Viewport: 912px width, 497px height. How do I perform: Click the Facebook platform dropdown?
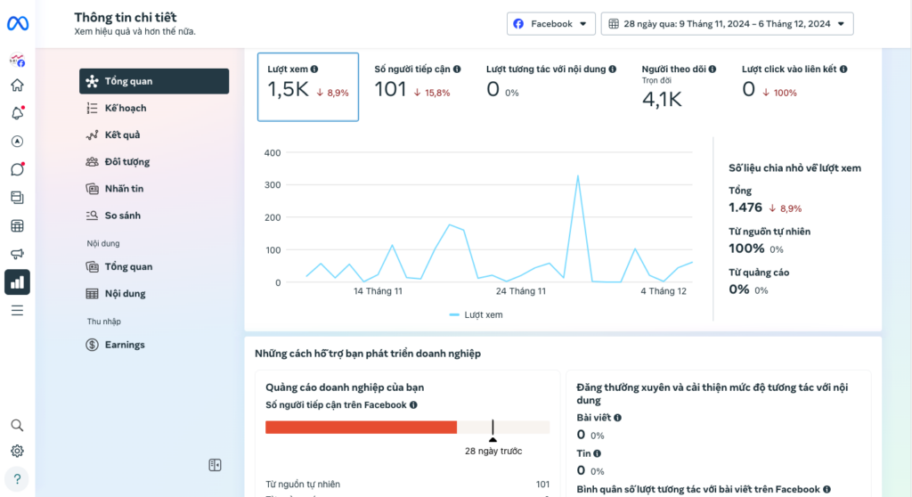coord(550,24)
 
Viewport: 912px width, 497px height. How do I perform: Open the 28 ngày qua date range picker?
coord(727,24)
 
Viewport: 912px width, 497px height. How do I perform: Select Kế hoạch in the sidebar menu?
coord(125,109)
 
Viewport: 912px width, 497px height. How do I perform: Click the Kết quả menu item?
coord(122,135)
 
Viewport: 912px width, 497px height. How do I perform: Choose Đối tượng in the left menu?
coord(126,162)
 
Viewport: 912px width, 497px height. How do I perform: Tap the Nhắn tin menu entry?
coord(124,189)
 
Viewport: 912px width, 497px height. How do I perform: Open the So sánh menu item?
coord(122,216)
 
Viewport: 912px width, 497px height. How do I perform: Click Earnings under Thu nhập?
coord(125,345)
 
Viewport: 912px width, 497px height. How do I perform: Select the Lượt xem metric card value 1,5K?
coord(288,90)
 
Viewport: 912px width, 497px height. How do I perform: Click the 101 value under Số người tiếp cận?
coord(390,90)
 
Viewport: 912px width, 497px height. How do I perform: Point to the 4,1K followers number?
coord(662,100)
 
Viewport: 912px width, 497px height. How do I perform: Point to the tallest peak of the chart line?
coord(577,175)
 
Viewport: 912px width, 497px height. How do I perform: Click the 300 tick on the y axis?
coord(273,185)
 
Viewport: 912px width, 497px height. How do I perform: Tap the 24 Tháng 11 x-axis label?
coord(520,291)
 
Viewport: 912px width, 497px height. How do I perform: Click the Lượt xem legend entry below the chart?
coord(476,314)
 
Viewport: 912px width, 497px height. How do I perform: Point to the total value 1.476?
coord(745,208)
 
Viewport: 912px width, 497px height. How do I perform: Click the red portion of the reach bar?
coord(362,428)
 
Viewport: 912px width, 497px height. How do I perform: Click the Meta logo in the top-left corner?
coord(18,23)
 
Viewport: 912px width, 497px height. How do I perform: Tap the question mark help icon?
coord(18,479)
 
